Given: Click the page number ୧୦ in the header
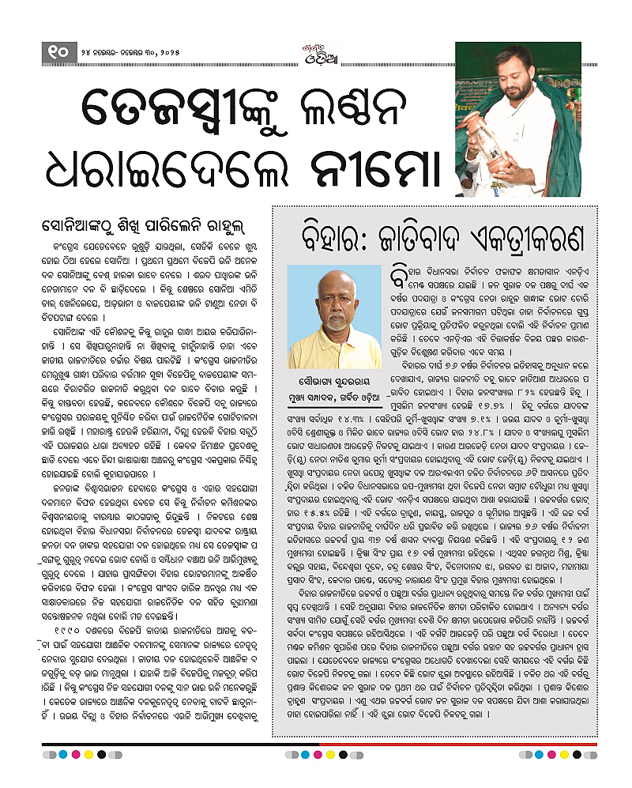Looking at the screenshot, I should [58, 53].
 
